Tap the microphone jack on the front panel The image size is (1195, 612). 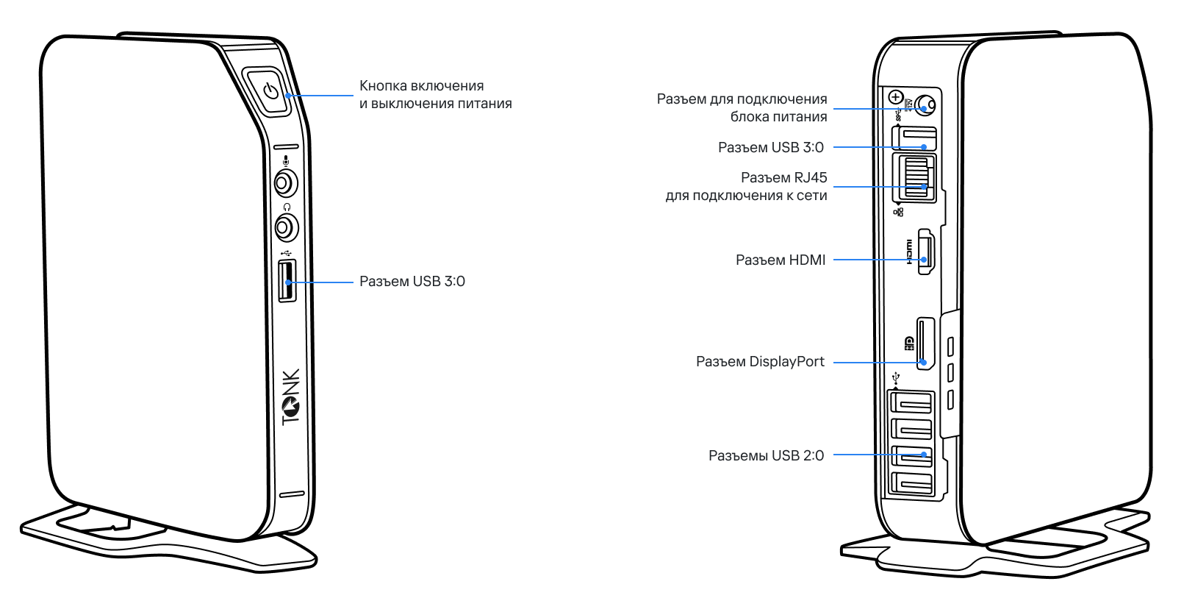pos(285,181)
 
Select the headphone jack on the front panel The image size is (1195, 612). pos(285,227)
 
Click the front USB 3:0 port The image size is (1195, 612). pos(287,280)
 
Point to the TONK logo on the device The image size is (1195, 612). pos(291,396)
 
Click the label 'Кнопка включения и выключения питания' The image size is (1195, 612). pos(435,95)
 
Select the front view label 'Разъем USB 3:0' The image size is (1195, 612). pos(412,282)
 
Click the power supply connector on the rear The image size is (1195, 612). pos(927,104)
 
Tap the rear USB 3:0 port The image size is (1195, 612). pos(915,138)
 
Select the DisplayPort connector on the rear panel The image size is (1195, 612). pos(925,343)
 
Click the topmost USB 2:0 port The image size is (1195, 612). pos(911,403)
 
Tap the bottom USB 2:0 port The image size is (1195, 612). pos(911,484)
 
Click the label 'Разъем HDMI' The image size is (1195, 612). pos(780,260)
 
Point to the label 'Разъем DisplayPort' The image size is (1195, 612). pos(760,362)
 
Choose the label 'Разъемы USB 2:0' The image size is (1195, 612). pos(766,456)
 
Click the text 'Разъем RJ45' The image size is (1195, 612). pos(783,178)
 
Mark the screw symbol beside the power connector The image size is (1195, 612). pos(895,97)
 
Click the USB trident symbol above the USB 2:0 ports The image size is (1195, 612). pos(895,379)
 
